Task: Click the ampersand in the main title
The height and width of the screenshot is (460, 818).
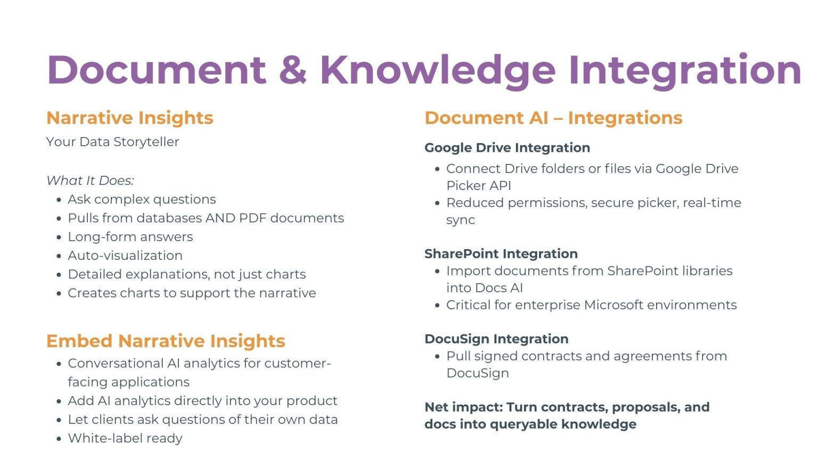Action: point(292,70)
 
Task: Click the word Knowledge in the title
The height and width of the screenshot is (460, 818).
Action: point(438,71)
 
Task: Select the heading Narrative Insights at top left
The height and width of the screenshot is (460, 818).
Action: point(129,118)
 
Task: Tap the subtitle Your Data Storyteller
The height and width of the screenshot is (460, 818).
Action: point(112,142)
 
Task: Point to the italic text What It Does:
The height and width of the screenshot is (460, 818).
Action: point(90,180)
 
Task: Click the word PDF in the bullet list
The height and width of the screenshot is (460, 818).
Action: point(252,218)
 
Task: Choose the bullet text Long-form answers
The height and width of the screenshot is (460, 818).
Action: point(130,237)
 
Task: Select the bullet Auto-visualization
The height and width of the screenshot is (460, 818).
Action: point(125,256)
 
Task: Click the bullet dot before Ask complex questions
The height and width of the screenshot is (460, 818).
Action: point(59,200)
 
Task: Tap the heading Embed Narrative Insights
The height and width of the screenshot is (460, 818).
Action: point(166,341)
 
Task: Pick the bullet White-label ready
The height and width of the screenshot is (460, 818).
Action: point(125,438)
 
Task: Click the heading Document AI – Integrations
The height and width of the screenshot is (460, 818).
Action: point(553,118)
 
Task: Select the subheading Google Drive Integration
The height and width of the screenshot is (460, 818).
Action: point(507,148)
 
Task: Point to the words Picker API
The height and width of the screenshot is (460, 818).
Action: point(478,185)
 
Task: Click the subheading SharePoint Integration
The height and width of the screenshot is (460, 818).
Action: point(501,254)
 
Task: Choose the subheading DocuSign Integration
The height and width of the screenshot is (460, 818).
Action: point(496,339)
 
